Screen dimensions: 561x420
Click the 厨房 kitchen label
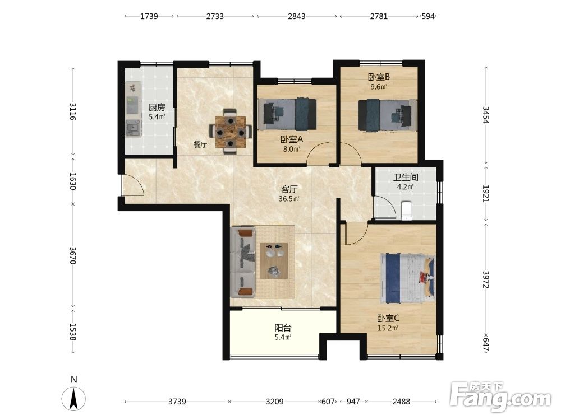157,107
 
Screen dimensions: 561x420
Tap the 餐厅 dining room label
200,144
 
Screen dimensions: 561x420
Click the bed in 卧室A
290,114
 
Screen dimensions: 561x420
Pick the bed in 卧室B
388,115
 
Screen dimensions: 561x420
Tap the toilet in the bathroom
406,211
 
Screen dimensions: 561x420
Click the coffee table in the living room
274,261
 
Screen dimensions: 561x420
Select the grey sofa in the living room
243,262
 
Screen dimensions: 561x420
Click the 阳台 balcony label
283,328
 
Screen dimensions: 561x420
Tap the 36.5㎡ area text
289,199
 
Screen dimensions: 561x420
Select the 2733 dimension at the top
215,16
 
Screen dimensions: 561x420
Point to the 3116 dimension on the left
73,111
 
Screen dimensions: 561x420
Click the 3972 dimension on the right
485,279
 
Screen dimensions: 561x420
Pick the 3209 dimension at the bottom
275,402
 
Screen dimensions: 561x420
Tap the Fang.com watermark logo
500,397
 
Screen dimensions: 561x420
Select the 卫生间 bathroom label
406,177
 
